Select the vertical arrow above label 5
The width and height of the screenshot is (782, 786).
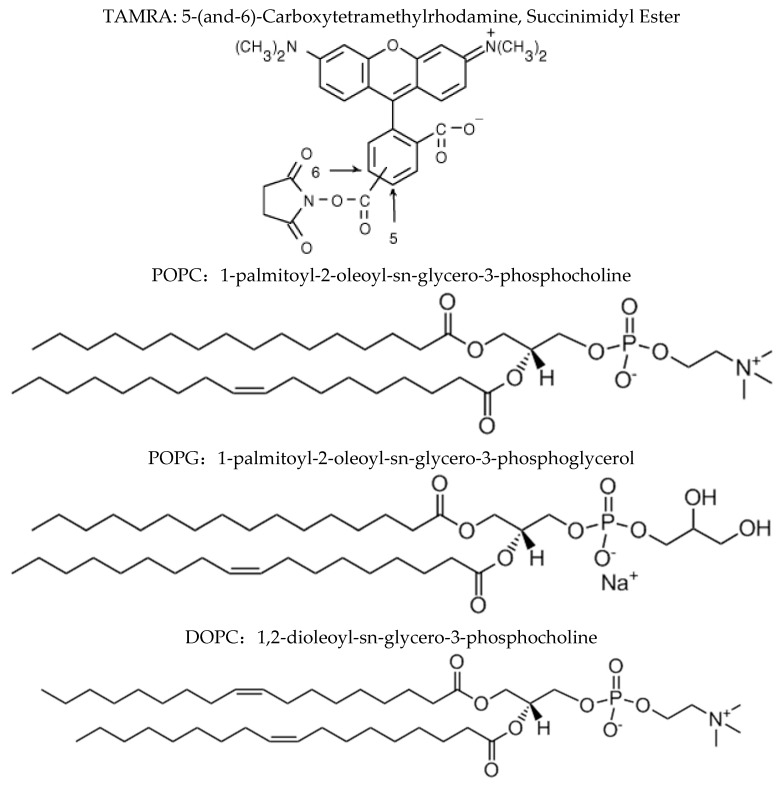pos(396,205)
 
